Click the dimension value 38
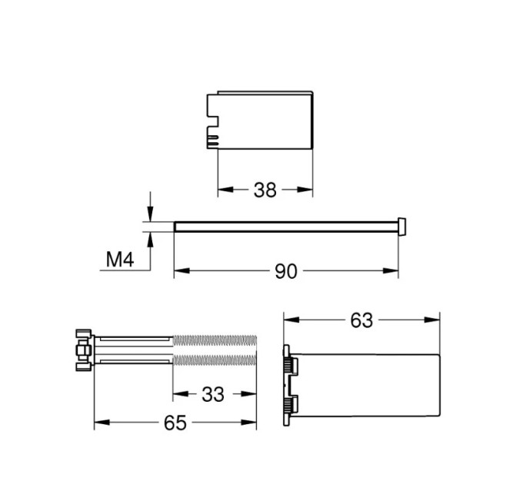pos(265,191)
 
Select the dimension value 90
pos(286,271)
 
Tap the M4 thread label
pos(120,260)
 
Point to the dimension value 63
pos(361,321)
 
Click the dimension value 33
pos(213,395)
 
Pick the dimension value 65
pos(175,423)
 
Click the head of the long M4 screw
pos(402,227)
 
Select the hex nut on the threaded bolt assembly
pos(83,350)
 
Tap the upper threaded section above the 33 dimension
pos(215,340)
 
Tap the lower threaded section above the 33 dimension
pos(215,360)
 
